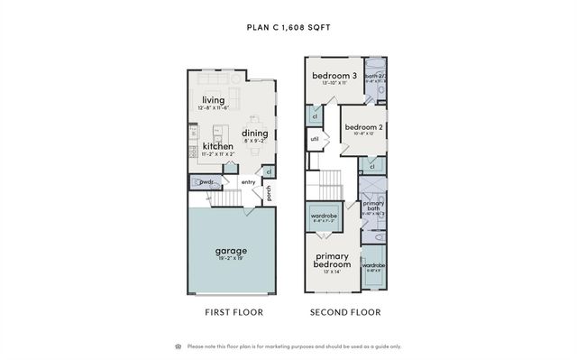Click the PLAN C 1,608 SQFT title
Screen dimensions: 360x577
coord(288,27)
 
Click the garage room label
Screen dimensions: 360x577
coord(231,250)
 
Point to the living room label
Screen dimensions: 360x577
coord(214,100)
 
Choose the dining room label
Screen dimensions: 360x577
coord(255,134)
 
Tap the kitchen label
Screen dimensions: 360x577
coord(217,146)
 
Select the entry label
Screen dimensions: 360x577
coord(249,182)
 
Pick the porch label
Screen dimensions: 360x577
coord(269,192)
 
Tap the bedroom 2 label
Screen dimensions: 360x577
coord(363,126)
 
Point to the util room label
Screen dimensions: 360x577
coord(316,139)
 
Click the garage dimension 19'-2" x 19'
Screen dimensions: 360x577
coord(231,258)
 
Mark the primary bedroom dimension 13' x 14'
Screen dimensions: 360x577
coord(332,271)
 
